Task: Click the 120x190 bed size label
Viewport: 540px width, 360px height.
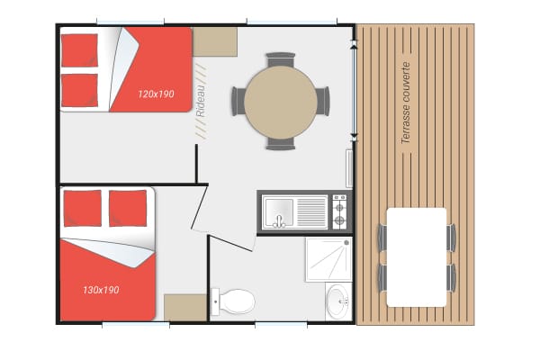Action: [x=156, y=94]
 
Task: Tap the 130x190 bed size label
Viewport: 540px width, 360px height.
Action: [x=101, y=290]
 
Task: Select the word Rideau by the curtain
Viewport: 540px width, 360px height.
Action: [x=201, y=101]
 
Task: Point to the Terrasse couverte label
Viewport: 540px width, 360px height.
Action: [x=406, y=103]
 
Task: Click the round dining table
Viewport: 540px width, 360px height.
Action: [x=281, y=103]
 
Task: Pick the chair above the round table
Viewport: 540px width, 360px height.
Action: [x=281, y=59]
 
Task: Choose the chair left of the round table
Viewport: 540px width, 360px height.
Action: [x=238, y=102]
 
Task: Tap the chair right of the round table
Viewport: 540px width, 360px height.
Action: [x=323, y=101]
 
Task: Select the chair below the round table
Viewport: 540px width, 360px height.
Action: [x=281, y=144]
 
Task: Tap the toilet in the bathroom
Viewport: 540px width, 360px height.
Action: [x=233, y=301]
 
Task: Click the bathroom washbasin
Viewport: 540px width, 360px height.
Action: [x=337, y=302]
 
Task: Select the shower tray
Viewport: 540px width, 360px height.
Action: [x=328, y=259]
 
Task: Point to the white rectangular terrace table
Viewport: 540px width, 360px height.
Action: [x=417, y=257]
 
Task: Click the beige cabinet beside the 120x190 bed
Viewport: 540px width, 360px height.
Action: [x=215, y=41]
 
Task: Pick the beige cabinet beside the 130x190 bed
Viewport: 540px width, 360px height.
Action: [x=185, y=308]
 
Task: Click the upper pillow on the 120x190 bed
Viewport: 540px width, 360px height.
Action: [x=79, y=50]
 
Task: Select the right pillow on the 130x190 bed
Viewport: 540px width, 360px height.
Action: [x=128, y=209]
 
